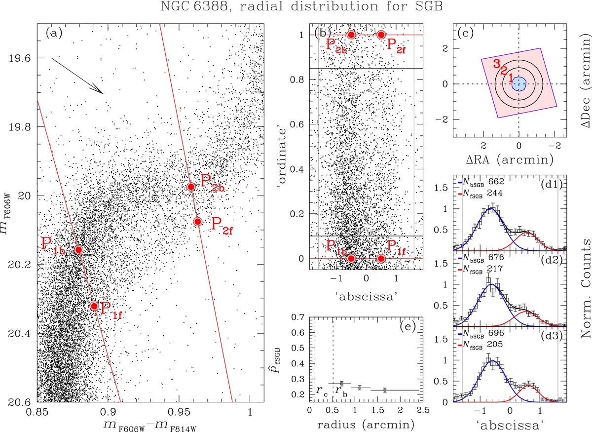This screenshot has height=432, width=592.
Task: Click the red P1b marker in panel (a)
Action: pyautogui.click(x=78, y=249)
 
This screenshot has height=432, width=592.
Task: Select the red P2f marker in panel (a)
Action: pyautogui.click(x=197, y=221)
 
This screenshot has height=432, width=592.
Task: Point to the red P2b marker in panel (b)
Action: pyautogui.click(x=351, y=35)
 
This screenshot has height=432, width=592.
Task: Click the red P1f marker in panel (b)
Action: pyautogui.click(x=381, y=258)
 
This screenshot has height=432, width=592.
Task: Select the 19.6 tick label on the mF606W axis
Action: pyautogui.click(x=19, y=58)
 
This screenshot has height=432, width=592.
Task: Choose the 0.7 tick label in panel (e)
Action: pyautogui.click(x=298, y=317)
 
